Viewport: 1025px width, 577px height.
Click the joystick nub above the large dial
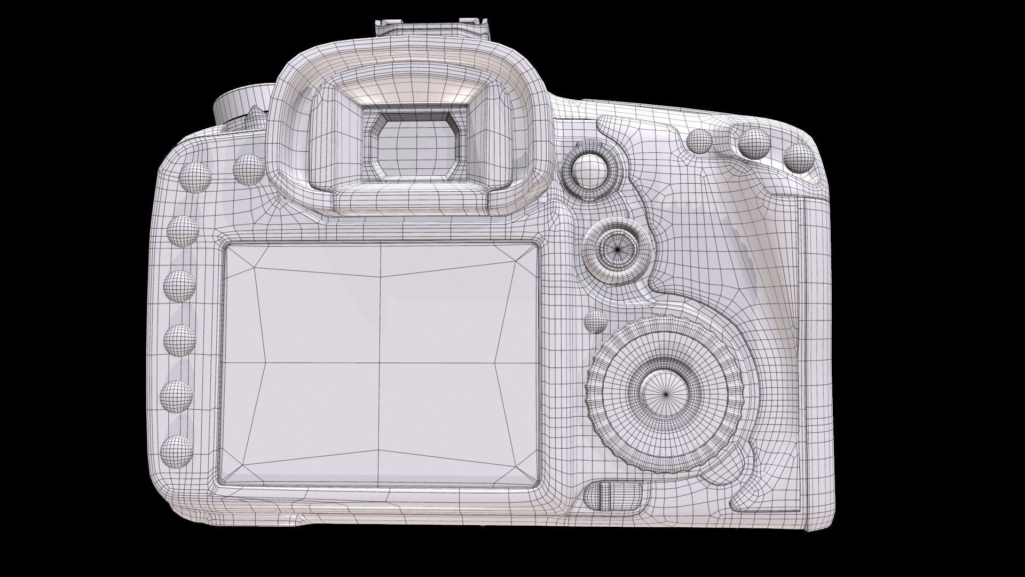tap(619, 248)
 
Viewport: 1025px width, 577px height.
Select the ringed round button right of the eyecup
tap(589, 170)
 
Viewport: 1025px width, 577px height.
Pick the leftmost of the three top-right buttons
tap(699, 141)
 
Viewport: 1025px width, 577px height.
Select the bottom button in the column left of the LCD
tap(176, 451)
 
